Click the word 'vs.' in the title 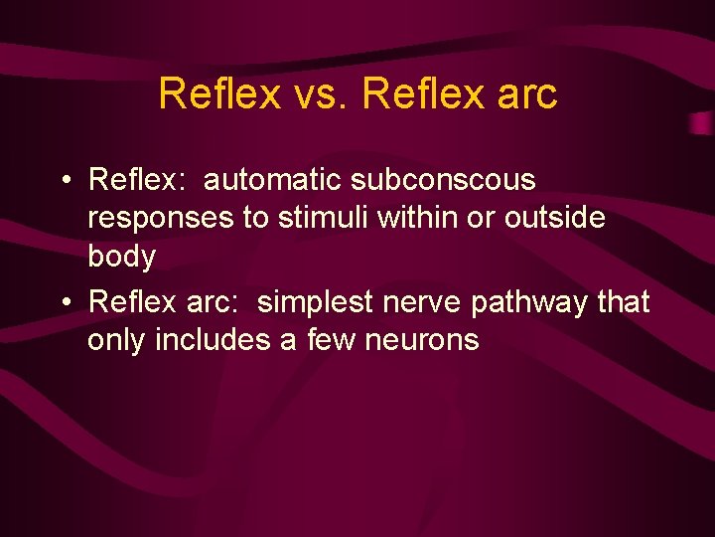pyautogui.click(x=320, y=94)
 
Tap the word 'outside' pyautogui.click(x=555, y=219)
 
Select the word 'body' pyautogui.click(x=121, y=258)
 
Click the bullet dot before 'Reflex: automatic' pyautogui.click(x=65, y=182)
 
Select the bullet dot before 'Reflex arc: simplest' pyautogui.click(x=65, y=302)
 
